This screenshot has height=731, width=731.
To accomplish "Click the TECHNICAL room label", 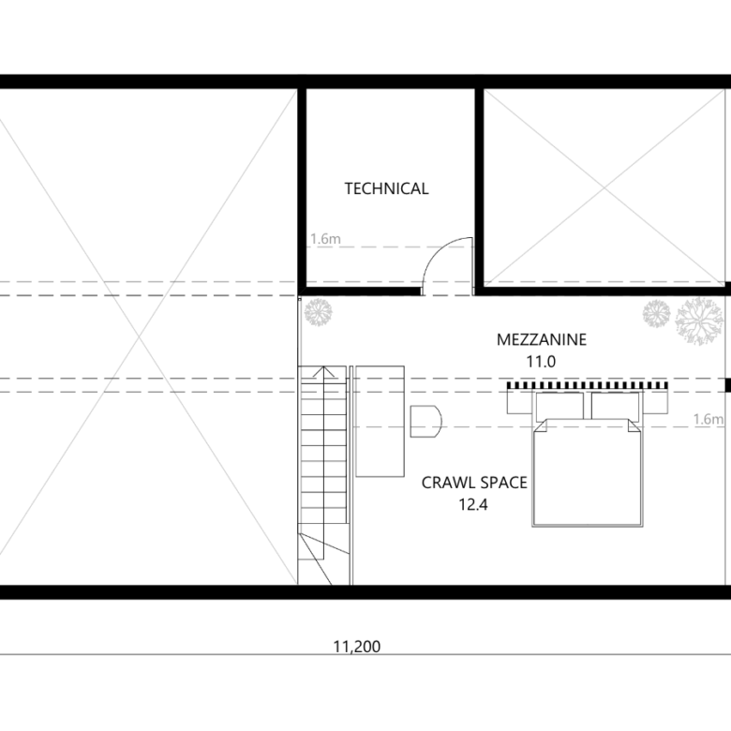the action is [386, 188].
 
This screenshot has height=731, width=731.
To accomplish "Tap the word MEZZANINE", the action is [542, 339].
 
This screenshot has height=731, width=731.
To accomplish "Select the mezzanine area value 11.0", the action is [541, 362].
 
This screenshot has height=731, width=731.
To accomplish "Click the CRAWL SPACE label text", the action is [474, 483].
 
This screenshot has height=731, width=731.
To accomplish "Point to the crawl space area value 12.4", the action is [473, 504].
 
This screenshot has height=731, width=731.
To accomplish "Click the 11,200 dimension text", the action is [357, 647].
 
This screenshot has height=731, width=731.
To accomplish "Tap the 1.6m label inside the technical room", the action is [325, 239].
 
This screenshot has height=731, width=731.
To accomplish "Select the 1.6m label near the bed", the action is [709, 419].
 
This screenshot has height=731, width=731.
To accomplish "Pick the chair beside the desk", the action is [425, 422].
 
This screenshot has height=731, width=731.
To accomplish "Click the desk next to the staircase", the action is [380, 422].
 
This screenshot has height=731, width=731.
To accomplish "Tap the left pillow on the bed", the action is [559, 406].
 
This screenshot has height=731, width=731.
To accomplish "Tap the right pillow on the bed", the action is [615, 406].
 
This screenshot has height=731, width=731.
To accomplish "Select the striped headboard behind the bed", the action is [588, 385].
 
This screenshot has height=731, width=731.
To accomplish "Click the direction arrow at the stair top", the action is [323, 371].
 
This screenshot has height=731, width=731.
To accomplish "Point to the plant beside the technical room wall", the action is [319, 312].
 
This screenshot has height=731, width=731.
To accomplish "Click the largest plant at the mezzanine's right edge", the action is [698, 321].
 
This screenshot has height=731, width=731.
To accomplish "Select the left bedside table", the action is [520, 401].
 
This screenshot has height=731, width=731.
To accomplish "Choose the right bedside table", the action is [655, 401].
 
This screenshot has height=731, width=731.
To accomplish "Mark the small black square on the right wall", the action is [728, 385].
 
